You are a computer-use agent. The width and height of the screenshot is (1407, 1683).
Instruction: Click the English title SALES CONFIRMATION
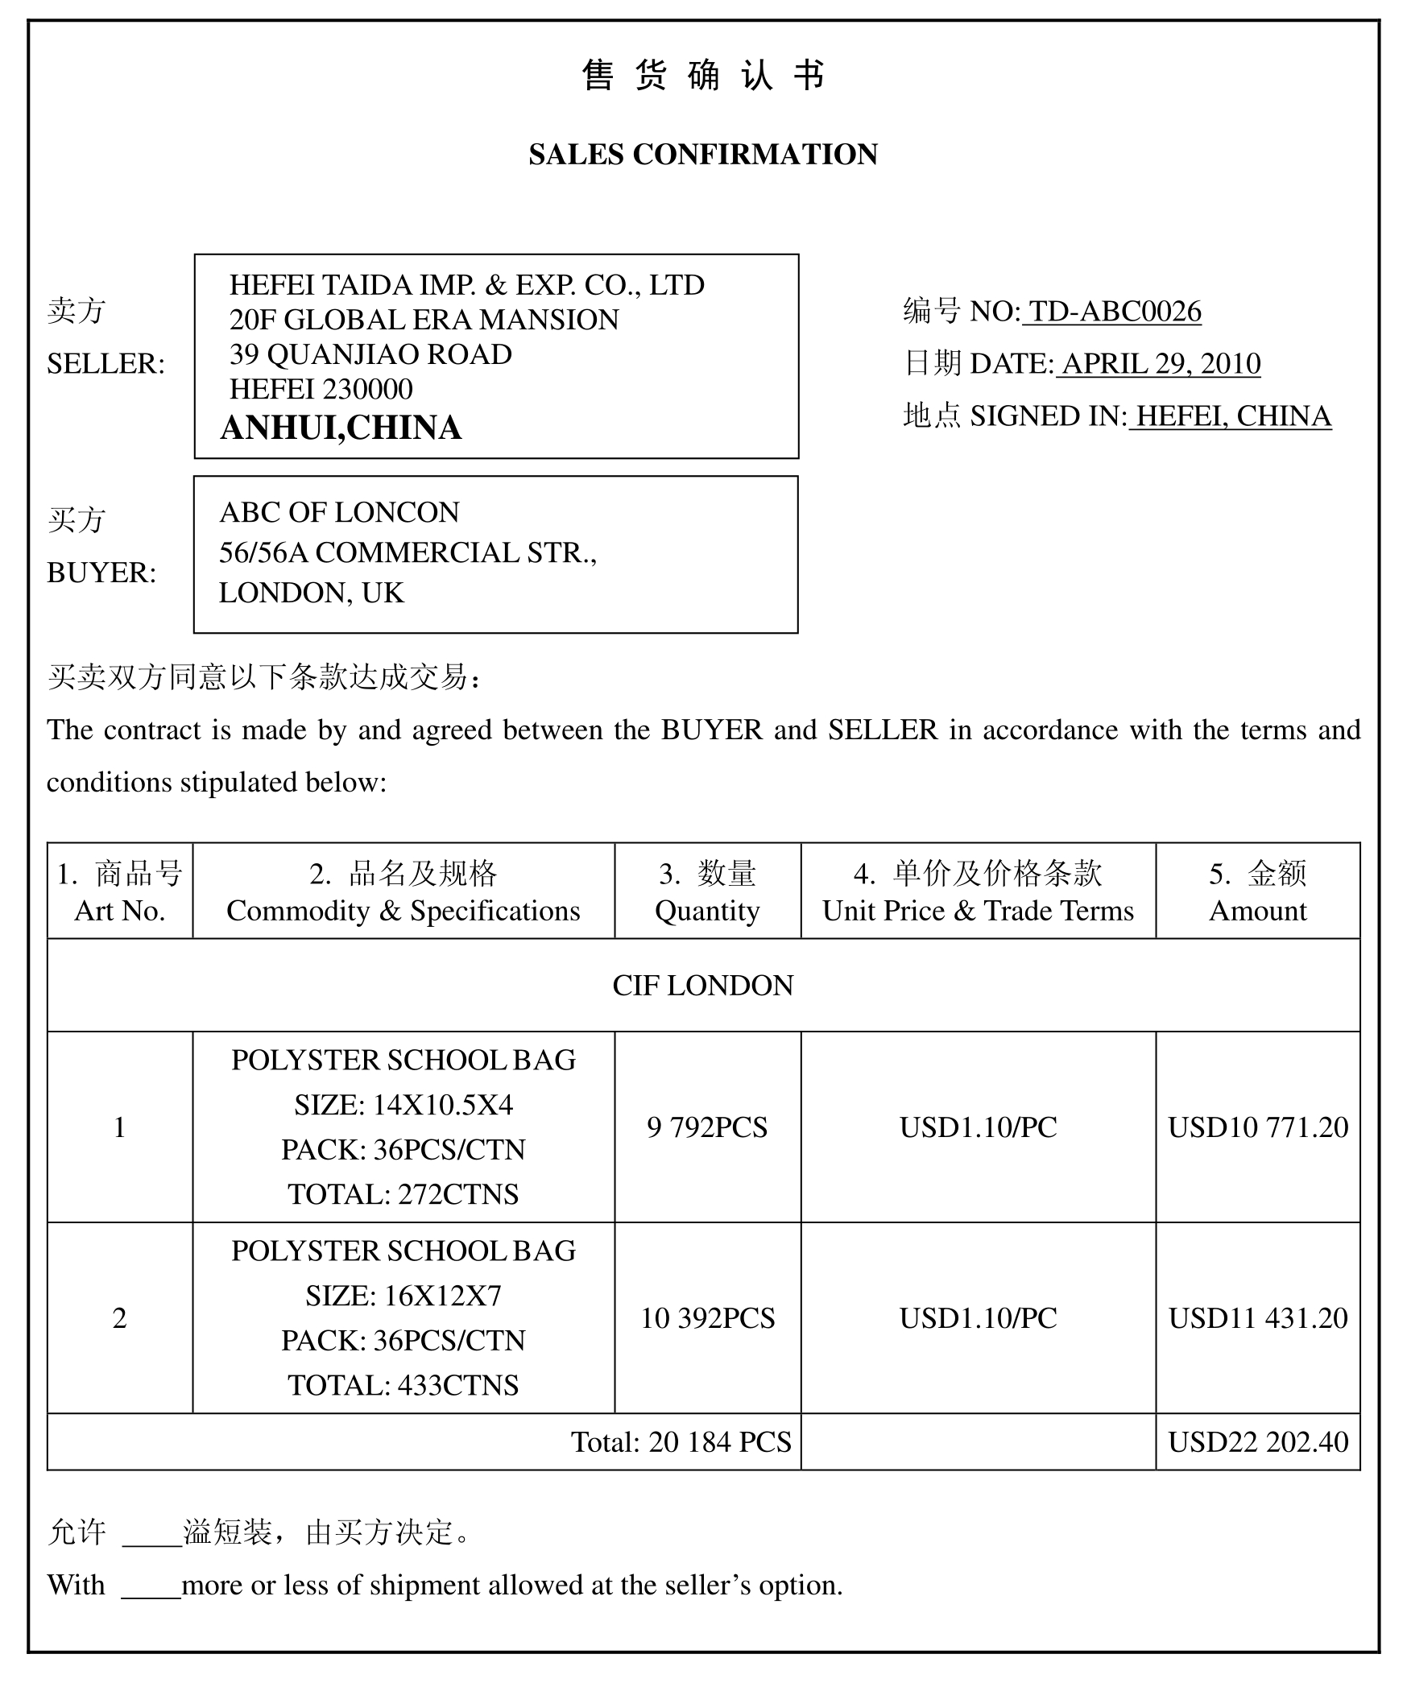point(703,154)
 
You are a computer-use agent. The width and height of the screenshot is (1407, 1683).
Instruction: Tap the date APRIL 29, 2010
point(1161,364)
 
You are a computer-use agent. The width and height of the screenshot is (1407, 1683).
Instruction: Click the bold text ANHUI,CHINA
point(341,428)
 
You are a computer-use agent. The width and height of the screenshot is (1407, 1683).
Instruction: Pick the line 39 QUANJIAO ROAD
point(370,354)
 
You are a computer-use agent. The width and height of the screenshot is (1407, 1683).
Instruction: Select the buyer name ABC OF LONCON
point(339,512)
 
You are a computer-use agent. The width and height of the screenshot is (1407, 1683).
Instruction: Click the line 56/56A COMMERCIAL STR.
point(408,552)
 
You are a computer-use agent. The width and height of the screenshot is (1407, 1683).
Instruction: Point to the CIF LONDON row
point(703,986)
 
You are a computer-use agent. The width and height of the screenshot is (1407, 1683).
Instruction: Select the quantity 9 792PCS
point(707,1127)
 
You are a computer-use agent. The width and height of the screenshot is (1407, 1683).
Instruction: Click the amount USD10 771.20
point(1258,1127)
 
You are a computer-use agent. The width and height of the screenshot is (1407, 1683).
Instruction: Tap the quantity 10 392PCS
point(707,1318)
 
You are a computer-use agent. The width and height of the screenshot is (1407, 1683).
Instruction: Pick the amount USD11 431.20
point(1258,1318)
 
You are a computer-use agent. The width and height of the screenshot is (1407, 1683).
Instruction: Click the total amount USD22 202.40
point(1258,1442)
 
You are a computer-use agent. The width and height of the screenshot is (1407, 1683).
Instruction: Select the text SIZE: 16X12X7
point(403,1296)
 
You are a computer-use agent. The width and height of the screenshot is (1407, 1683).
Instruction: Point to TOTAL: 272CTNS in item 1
point(403,1194)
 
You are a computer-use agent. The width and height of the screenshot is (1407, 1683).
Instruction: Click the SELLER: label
point(106,364)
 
